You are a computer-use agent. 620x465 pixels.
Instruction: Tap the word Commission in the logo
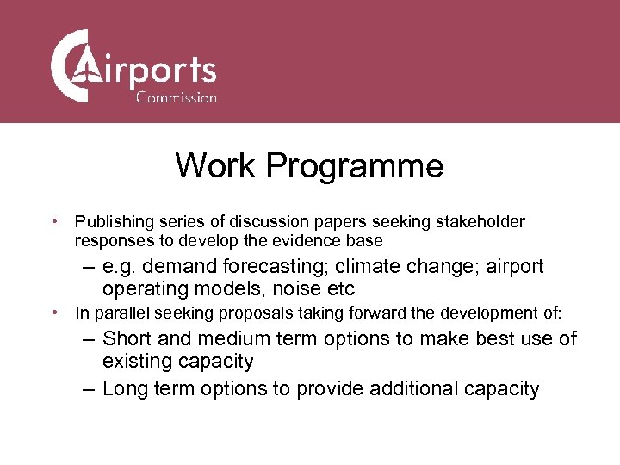click(177, 97)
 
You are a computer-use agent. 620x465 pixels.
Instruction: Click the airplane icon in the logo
click(86, 66)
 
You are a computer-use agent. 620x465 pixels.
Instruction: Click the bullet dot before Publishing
click(54, 222)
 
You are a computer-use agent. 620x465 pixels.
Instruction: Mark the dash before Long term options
click(89, 389)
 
